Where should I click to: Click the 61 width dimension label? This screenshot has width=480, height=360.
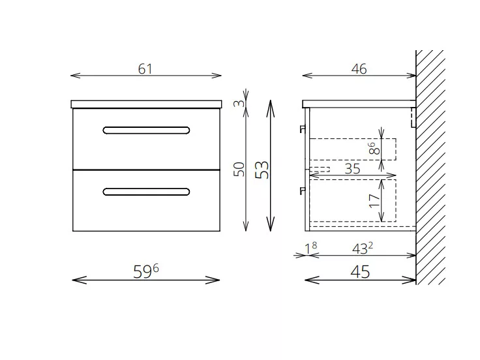145,69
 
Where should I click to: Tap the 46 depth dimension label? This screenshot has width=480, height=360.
359,69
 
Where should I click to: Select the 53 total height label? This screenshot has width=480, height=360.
262,170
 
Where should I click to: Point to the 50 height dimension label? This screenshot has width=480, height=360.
239,170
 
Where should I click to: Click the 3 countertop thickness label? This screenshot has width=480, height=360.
239,104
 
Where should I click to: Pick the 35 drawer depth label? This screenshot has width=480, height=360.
352,169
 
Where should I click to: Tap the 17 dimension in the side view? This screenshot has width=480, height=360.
374,201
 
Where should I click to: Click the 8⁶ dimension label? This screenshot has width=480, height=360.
374,148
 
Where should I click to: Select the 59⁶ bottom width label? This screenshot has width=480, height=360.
146,271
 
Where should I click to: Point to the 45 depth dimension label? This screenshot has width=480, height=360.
360,272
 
